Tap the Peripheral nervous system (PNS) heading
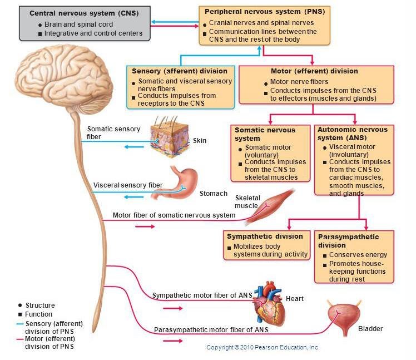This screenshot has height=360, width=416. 265,11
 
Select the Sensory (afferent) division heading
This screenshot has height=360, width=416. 179,71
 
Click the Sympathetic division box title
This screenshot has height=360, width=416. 265,236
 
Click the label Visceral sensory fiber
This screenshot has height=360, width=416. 128,185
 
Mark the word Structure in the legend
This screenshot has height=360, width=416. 40,305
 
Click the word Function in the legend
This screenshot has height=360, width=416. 39,314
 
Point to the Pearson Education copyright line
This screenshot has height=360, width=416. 263,347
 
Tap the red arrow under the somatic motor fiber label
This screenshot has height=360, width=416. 145,227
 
